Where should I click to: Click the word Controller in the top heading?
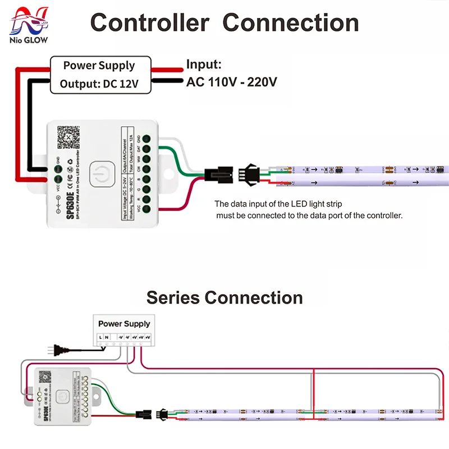150,23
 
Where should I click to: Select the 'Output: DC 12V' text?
99,84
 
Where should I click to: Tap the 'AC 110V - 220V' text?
231,82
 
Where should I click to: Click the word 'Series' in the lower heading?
173,297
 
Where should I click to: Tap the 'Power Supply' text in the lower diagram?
124,324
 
